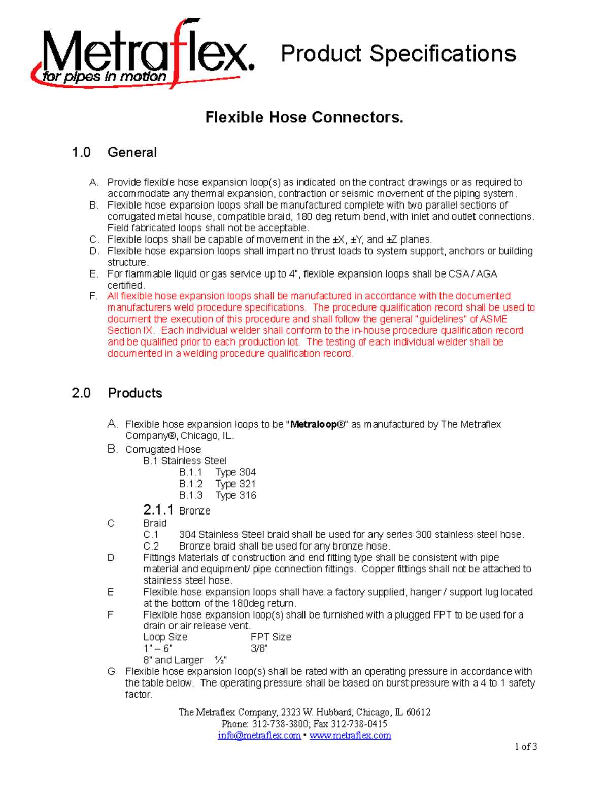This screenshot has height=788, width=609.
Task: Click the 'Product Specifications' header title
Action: click(398, 54)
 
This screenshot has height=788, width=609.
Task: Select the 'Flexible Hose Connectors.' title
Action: click(304, 117)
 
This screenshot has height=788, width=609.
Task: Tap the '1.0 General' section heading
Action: click(114, 152)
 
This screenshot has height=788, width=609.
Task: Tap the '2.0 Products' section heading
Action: click(117, 393)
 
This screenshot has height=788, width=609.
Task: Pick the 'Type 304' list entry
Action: click(235, 472)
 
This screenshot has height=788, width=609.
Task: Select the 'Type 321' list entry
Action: click(235, 484)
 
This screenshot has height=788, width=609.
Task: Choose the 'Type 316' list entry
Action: click(235, 495)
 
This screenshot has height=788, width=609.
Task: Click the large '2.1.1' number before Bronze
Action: click(158, 509)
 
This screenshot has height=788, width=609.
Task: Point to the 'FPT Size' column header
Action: click(271, 637)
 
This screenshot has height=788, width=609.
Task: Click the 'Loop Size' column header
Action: click(165, 637)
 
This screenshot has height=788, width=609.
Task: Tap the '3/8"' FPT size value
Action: click(259, 648)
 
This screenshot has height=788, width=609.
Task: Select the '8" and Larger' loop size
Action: click(173, 660)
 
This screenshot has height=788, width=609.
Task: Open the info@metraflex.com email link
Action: click(259, 736)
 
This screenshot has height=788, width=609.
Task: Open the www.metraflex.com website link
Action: click(350, 736)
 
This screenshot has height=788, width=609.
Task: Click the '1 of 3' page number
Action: click(526, 747)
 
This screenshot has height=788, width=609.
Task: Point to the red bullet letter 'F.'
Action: click(93, 296)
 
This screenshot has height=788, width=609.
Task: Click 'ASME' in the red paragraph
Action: click(494, 319)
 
